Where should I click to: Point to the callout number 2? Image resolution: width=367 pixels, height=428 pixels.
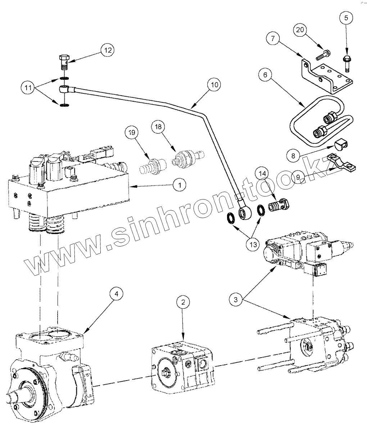click(183, 303)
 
